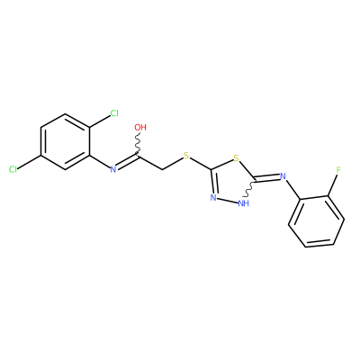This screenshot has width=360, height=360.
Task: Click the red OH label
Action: pos(140,127)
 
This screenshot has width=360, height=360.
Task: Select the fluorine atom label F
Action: pos(338,170)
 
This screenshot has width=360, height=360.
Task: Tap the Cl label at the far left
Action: pos(13,169)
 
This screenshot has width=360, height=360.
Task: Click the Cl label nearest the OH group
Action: pos(114,113)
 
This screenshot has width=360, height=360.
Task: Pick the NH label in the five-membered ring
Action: pos(244,203)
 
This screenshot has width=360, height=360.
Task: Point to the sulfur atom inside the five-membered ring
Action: pos(237,158)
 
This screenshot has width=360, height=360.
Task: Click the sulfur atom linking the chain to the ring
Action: pos(186,156)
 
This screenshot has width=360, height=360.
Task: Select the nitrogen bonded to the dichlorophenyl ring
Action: pos(113,169)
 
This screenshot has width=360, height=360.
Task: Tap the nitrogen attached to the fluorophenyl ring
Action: pos(283,176)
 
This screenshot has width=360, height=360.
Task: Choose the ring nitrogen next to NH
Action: pos(213,198)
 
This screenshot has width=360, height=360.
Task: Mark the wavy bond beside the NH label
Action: pos(249,188)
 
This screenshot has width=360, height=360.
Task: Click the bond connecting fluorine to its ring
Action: pos(332,185)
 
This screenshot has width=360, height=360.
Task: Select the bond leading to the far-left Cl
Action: pos(30,163)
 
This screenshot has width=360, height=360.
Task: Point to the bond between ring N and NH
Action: pos(228,201)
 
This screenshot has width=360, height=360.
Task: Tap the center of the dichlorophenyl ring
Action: pos(65,141)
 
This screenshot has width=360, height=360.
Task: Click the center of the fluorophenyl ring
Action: pos(316,221)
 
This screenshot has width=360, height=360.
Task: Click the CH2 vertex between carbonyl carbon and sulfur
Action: pos(162,170)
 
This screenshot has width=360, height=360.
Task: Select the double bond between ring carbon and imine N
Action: pos(267,179)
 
